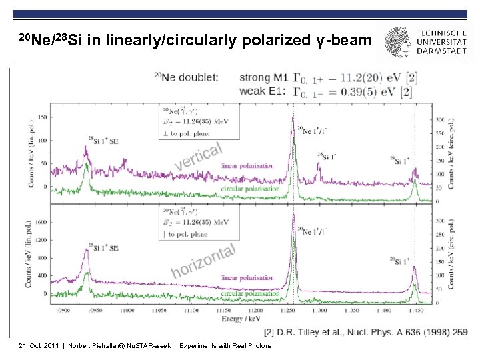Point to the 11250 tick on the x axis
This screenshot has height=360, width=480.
[288, 310]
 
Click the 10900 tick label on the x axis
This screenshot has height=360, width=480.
[63, 310]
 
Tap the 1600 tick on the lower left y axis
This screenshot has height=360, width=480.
[42, 222]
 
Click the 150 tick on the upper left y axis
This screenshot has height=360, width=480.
[43, 117]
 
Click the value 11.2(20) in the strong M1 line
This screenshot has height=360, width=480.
[338, 77]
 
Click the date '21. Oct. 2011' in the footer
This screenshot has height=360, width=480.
[37, 346]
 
